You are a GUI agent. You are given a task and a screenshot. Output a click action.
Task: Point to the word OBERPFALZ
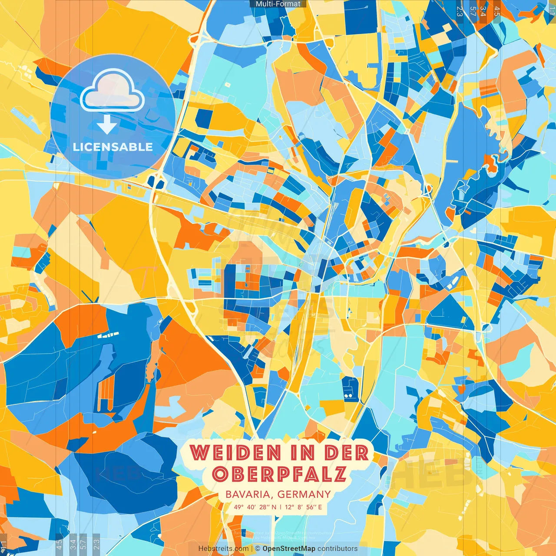(x=280, y=474)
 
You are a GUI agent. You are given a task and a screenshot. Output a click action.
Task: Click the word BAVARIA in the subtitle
(x=249, y=494)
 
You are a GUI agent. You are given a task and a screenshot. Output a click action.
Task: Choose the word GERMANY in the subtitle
(x=304, y=494)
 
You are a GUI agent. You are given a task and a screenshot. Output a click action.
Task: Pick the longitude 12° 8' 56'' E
(x=304, y=507)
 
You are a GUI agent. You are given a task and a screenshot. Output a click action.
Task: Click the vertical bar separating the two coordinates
(x=281, y=507)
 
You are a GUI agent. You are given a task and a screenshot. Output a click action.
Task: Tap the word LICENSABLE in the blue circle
(x=113, y=147)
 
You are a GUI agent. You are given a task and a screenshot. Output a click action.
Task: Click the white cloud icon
(x=112, y=91)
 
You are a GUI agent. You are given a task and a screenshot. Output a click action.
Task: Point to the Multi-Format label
(x=278, y=4)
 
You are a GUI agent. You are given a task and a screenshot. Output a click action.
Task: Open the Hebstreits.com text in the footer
(x=223, y=549)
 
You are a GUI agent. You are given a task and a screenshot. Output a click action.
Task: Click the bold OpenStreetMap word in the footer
(x=289, y=549)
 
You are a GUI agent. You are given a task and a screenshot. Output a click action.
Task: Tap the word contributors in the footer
(x=338, y=549)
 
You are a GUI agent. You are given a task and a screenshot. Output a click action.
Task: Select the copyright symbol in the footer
(x=258, y=549)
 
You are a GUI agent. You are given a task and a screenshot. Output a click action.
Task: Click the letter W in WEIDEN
(x=199, y=453)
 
